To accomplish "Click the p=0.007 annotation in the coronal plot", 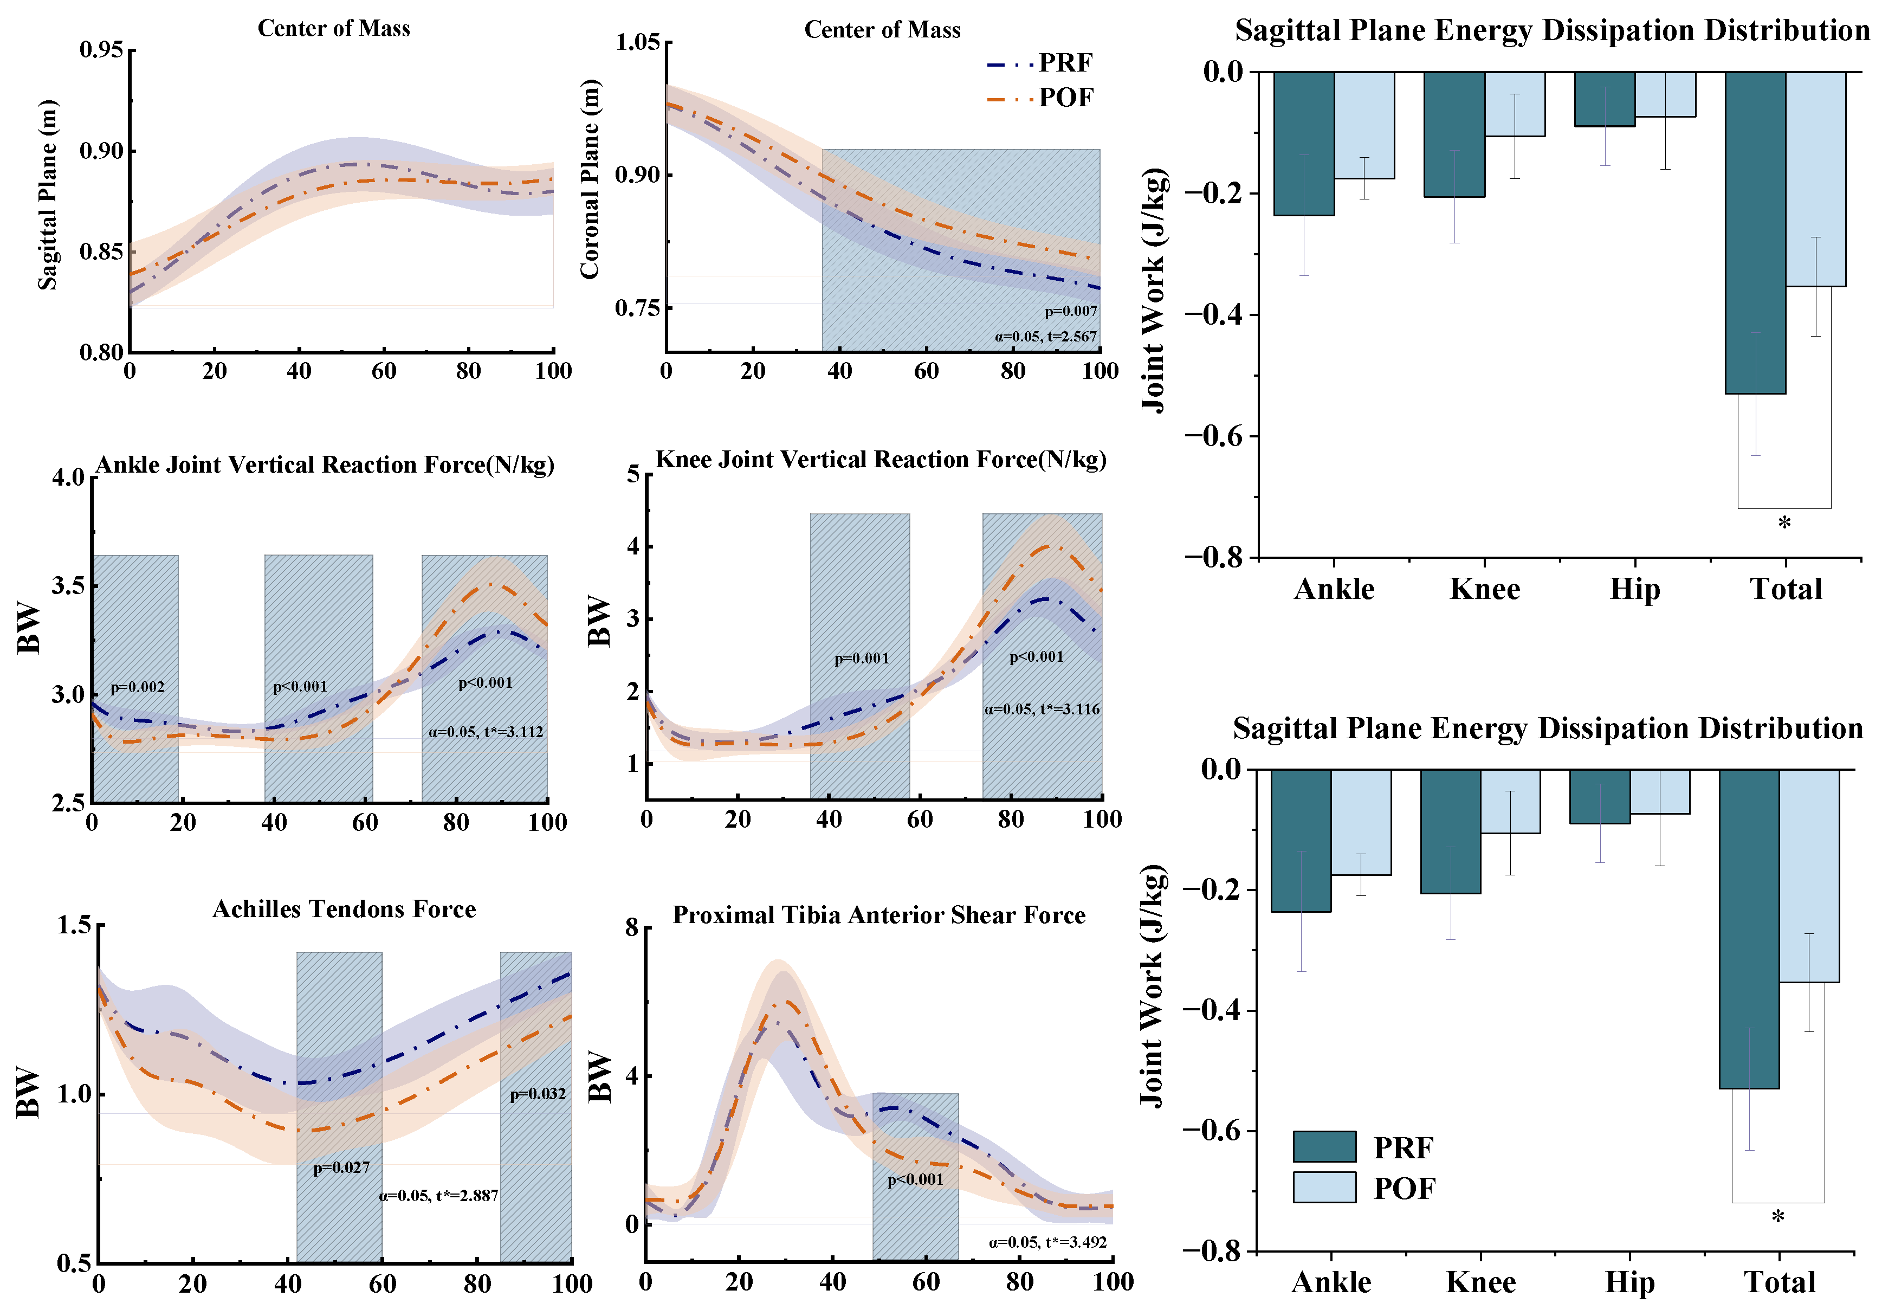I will pyautogui.click(x=1071, y=311).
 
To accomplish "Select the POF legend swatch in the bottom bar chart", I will pyautogui.click(x=1324, y=1187).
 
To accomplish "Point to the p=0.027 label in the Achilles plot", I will pyautogui.click(x=341, y=1167).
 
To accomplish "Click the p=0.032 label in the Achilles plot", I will pyautogui.click(x=537, y=1094).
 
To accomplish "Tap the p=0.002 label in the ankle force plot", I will pyautogui.click(x=137, y=687).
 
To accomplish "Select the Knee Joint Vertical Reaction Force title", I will pyautogui.click(x=881, y=460).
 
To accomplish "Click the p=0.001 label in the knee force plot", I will pyautogui.click(x=861, y=658).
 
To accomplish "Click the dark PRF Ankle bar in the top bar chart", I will pyautogui.click(x=1303, y=144).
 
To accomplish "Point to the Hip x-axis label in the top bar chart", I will pyautogui.click(x=1635, y=589).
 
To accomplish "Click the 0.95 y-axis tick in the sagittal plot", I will pyautogui.click(x=101, y=50).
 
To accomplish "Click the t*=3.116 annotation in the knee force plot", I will pyautogui.click(x=1042, y=708).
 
